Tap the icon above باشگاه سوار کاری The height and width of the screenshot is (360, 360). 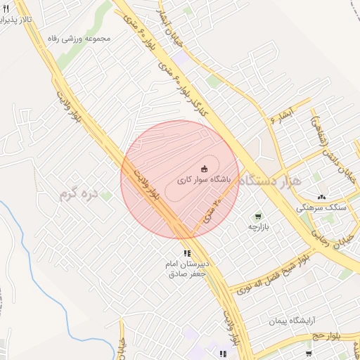(205, 168)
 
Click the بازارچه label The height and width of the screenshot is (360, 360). (257, 228)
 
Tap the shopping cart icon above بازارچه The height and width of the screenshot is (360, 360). (258, 217)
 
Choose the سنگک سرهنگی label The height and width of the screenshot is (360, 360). (321, 208)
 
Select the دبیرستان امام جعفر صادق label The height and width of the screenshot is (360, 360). (186, 268)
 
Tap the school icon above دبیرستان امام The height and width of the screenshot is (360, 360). (186, 253)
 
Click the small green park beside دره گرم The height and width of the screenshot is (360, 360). (106, 195)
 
